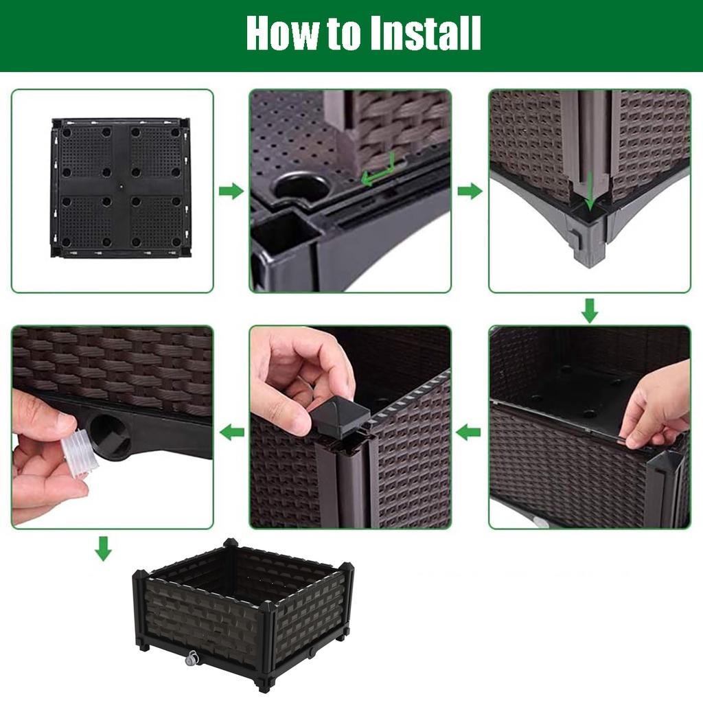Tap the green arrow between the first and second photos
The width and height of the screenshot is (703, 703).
tap(231, 192)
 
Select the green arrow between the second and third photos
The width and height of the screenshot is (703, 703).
tap(470, 192)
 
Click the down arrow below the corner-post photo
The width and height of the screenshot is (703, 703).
tap(589, 310)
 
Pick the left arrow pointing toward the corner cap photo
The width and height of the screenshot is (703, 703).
tap(470, 432)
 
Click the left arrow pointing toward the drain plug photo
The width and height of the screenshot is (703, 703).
tap(231, 432)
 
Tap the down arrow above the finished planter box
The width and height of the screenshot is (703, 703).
tap(103, 548)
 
